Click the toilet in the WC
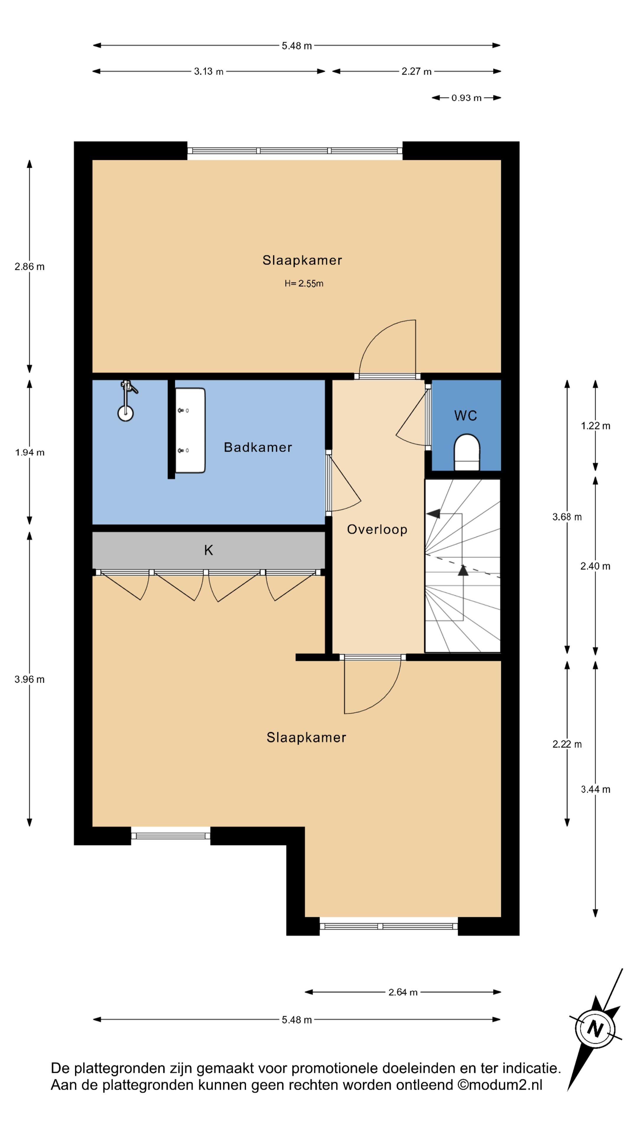[x=466, y=452]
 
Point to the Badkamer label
[x=258, y=447]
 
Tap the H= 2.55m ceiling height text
[x=304, y=284]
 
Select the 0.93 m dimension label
[x=466, y=98]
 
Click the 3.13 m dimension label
[x=209, y=71]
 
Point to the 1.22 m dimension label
[x=595, y=426]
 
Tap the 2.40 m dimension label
[x=595, y=566]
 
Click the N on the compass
[x=595, y=1029]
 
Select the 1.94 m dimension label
[x=30, y=453]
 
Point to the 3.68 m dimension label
[x=567, y=517]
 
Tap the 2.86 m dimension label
[x=30, y=267]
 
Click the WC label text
[x=466, y=416]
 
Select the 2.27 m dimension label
[x=416, y=71]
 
